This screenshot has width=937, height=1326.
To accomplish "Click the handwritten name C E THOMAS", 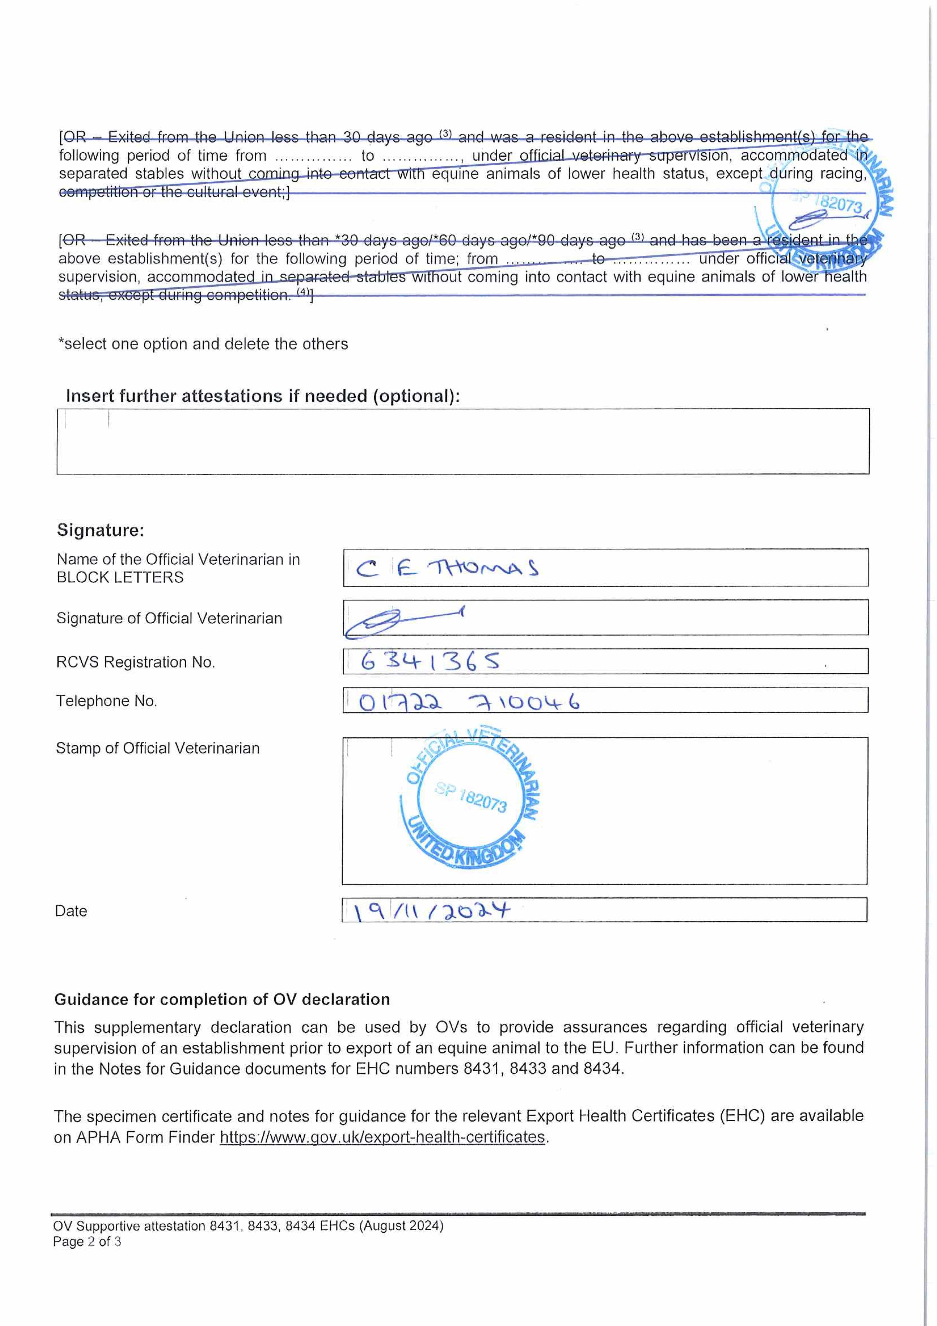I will coord(447,568).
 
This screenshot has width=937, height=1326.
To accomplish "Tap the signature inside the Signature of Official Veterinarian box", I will coord(398,621).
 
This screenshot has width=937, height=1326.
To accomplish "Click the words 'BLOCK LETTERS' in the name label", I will coord(120,578).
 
